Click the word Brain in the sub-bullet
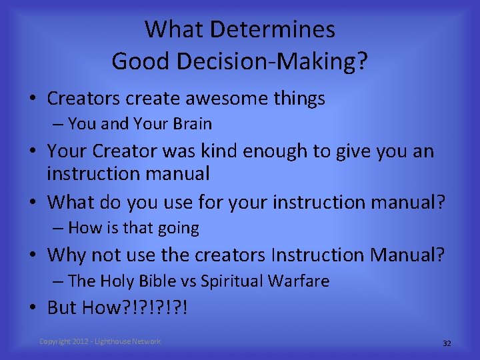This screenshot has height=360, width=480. coord(191,124)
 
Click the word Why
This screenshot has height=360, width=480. coord(67,255)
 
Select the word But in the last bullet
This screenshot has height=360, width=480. coord(62,308)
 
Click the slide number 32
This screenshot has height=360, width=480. coord(447,343)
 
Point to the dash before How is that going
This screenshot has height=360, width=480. coord(59,228)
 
